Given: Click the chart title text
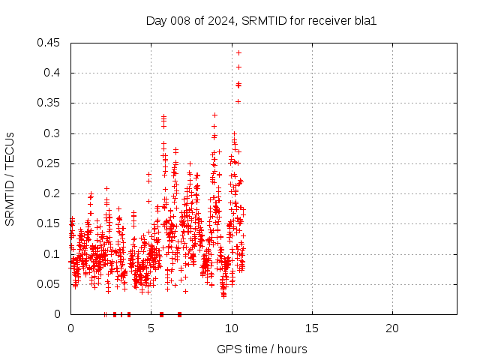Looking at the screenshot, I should [x=261, y=20].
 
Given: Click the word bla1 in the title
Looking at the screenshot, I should [x=365, y=20].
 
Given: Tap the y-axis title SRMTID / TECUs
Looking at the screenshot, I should [x=10, y=178].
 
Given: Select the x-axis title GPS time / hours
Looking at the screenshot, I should [x=262, y=349].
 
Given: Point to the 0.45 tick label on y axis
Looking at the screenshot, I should [x=50, y=43].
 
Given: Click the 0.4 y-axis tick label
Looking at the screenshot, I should [x=53, y=73].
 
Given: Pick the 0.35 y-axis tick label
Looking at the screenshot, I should [x=50, y=103].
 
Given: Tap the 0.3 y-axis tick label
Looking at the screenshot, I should [x=53, y=133].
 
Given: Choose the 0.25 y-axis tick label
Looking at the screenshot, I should [x=50, y=163].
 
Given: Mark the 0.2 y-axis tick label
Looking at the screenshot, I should [x=53, y=193].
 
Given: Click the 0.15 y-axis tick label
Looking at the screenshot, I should [x=50, y=223].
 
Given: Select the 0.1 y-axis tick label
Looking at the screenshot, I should [x=53, y=254].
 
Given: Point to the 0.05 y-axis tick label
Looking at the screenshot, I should [x=50, y=284].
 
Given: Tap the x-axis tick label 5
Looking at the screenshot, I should [x=151, y=328].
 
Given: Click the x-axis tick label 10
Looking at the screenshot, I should [x=232, y=328].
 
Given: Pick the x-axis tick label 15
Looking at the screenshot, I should [x=312, y=328].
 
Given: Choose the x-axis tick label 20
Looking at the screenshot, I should [x=392, y=328].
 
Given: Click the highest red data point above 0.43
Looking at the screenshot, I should [x=238, y=52].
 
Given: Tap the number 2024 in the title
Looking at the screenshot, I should [x=223, y=20].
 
